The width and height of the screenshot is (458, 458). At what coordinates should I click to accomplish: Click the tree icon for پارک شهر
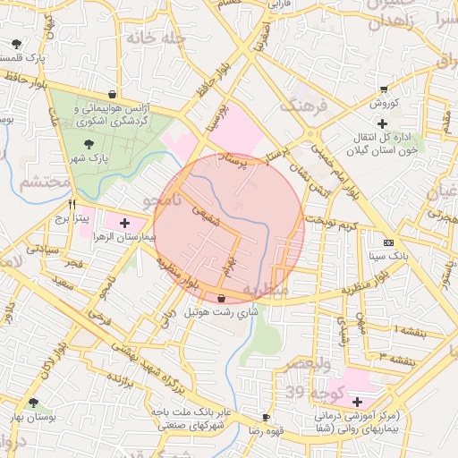point(88,144)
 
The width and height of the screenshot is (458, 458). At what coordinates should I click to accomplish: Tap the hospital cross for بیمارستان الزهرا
point(123,223)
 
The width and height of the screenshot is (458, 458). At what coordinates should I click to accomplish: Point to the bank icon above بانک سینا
point(388,242)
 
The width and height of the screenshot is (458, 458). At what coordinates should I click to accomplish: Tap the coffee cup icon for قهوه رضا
point(266,417)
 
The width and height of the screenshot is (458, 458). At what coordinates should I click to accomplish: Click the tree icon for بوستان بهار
point(33,403)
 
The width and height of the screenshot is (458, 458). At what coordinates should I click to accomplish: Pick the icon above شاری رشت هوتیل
point(221,299)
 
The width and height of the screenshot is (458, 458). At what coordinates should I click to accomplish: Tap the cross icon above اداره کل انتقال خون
point(382,123)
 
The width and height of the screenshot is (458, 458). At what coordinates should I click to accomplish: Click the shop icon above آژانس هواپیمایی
point(112,94)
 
